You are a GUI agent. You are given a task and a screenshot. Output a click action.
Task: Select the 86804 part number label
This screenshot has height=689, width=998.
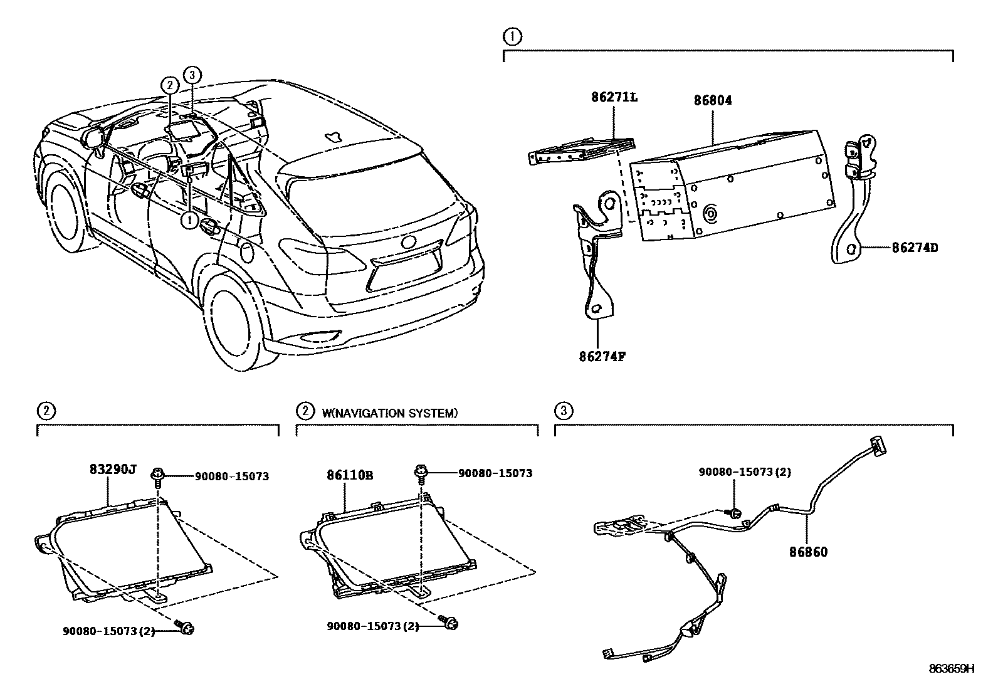(x=713, y=100)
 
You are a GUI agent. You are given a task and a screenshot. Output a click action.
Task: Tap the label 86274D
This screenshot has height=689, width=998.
(x=915, y=248)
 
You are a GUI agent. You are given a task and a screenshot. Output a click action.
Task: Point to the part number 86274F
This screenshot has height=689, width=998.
(x=602, y=357)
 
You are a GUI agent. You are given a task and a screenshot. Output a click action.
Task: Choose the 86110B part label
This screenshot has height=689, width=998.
(x=349, y=476)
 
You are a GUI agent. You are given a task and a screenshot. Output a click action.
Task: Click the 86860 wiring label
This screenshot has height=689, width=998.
(x=808, y=552)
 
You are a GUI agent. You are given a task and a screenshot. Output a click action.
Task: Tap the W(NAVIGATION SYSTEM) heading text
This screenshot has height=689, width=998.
(x=389, y=413)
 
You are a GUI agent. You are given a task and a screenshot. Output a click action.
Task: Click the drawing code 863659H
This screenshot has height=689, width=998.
(x=952, y=668)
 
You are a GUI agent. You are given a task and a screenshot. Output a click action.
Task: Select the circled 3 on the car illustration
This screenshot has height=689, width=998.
(x=192, y=75)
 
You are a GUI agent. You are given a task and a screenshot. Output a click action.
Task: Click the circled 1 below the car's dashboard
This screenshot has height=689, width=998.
(x=189, y=220)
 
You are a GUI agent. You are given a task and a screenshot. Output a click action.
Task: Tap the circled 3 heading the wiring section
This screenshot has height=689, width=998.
(x=563, y=411)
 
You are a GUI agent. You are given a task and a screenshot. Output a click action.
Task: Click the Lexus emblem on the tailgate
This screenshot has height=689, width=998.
(x=409, y=242)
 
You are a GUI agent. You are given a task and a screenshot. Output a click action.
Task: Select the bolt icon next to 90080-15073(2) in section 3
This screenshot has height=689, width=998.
(x=735, y=514)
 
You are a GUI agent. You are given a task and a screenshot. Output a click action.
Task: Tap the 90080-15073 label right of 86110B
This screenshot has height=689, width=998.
(x=495, y=473)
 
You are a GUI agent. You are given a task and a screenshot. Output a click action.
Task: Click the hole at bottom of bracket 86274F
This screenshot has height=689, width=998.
(x=596, y=308)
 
